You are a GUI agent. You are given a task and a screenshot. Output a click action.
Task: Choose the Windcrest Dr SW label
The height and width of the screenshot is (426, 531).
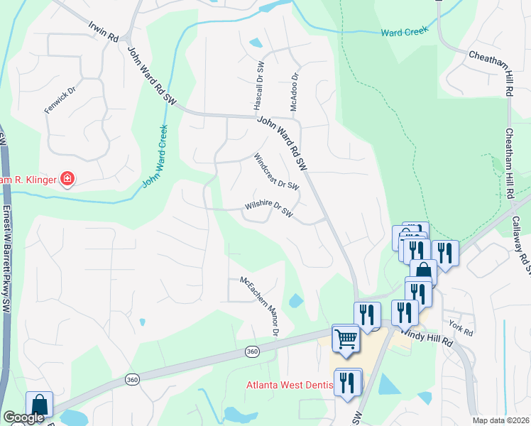pos(276,172)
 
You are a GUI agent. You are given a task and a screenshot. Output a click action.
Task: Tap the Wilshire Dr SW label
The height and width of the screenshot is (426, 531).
pos(269,209)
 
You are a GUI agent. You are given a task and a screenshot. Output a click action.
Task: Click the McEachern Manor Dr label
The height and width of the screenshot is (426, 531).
pos(259,306)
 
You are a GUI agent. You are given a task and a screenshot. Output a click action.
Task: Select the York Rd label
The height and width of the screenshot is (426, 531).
pos(461,329)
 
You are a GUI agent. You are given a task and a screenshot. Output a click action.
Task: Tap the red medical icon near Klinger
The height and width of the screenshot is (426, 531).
pos(67,179)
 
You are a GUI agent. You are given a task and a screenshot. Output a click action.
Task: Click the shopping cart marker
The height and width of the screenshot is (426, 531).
pos(346,339)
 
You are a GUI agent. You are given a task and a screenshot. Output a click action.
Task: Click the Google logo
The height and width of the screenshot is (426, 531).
pos(23,418)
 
